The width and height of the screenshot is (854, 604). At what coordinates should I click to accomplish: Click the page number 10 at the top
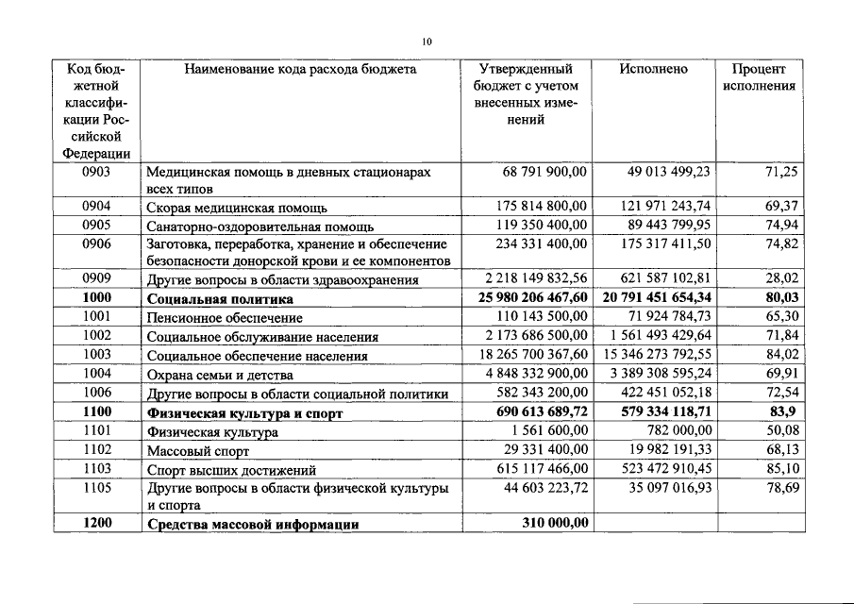pos(427,42)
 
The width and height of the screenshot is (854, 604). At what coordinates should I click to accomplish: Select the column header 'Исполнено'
pos(653,69)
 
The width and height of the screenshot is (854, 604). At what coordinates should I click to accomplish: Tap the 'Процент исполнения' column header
pos(759,77)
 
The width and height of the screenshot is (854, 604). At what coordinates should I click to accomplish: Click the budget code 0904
pos(97,206)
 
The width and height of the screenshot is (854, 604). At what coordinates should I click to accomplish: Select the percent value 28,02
pos(782,279)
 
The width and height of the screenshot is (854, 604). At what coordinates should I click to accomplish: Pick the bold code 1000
pos(97,298)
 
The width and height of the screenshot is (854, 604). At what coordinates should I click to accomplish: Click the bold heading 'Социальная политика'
pos(218,298)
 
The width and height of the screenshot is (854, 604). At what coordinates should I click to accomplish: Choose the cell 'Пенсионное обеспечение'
pos(225,317)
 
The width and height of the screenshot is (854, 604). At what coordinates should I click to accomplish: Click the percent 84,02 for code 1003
pos(782,355)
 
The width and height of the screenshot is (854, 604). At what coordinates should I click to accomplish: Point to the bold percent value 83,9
pos(785,412)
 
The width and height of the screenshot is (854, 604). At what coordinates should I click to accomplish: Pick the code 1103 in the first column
pos(97,469)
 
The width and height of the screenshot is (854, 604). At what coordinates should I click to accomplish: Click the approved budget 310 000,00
pos(555,524)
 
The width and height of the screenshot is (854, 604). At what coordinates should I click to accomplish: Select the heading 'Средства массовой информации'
pos(252,524)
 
